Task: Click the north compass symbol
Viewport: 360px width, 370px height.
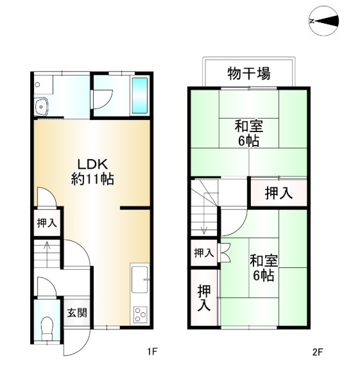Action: (324, 21)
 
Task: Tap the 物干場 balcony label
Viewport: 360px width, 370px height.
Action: (249, 73)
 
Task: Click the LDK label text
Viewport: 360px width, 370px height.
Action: (93, 164)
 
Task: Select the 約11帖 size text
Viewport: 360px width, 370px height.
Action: (92, 179)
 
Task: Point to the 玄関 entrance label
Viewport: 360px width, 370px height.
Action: (77, 313)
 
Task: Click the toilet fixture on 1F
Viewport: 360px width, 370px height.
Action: (47, 328)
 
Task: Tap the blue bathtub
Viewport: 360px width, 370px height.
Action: (140, 96)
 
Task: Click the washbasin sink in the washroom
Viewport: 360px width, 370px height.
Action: (41, 106)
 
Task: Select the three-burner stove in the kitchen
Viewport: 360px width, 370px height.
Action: (141, 315)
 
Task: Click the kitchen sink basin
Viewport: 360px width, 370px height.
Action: (140, 280)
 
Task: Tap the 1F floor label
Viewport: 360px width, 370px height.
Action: (152, 352)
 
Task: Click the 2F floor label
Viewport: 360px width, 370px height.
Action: (318, 352)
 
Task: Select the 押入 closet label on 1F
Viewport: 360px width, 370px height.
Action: (47, 223)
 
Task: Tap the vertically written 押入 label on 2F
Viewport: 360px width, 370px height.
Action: (203, 298)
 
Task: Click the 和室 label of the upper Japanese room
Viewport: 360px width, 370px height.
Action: (249, 126)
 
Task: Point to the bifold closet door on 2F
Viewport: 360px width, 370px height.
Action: (224, 253)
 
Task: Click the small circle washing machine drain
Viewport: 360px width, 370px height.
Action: (37, 85)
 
